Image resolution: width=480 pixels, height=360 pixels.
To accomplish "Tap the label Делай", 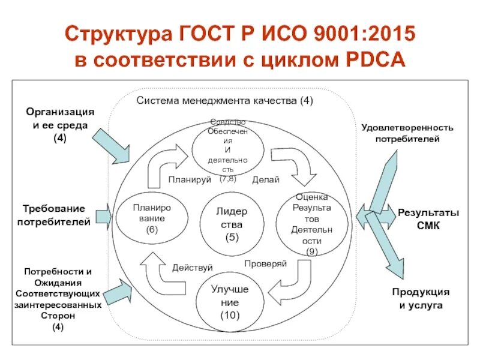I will [x=265, y=179].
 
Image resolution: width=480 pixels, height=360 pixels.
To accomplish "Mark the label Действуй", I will [x=192, y=267].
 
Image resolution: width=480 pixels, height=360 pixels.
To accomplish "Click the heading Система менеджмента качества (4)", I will [x=224, y=101].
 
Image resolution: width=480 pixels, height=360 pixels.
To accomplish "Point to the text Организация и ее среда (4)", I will [x=59, y=125].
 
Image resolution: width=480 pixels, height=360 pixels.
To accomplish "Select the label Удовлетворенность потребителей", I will [x=407, y=133].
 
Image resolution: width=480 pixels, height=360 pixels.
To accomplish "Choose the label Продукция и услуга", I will [x=421, y=299].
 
